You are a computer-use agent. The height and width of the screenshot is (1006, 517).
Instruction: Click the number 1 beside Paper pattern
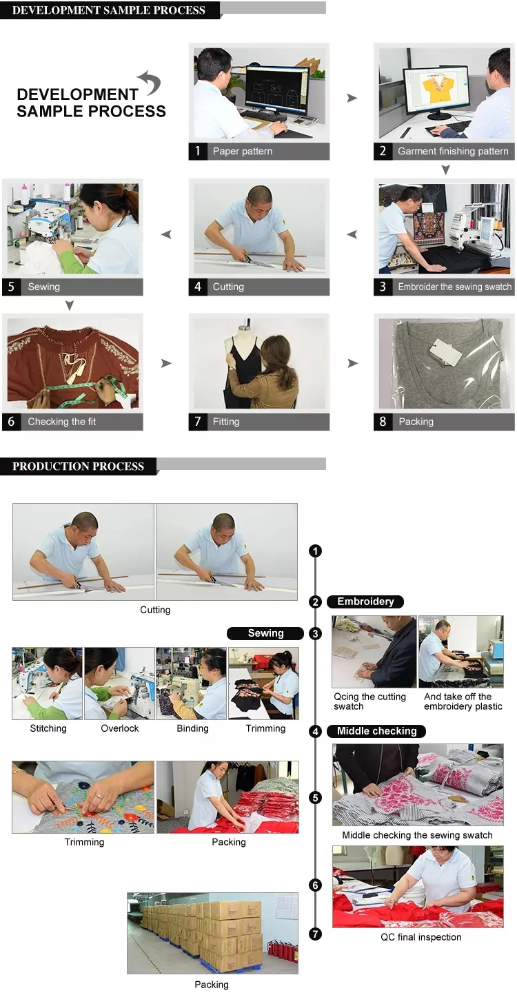click(x=197, y=151)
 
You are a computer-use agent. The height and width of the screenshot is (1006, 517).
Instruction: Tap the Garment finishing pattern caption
click(x=453, y=152)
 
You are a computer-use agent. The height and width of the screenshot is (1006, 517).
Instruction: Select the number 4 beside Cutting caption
click(x=198, y=287)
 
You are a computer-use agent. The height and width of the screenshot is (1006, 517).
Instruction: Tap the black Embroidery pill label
click(x=365, y=602)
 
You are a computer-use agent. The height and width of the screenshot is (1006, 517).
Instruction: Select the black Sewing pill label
click(x=265, y=633)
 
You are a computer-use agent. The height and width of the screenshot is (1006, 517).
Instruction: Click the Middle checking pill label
click(x=376, y=731)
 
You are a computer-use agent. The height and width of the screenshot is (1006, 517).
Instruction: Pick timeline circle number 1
click(x=315, y=551)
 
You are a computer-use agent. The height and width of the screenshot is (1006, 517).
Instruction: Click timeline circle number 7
click(x=315, y=934)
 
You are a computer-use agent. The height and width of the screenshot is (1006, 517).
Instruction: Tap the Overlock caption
click(x=119, y=728)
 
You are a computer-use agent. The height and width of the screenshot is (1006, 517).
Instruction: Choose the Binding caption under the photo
click(x=192, y=728)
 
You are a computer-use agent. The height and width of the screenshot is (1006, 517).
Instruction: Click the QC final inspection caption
click(x=421, y=937)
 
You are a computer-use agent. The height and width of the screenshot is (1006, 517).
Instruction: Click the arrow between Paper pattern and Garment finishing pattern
click(x=352, y=98)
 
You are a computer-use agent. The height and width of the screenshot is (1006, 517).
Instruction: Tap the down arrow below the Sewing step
click(x=69, y=305)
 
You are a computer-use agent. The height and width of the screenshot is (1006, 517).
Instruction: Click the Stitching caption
click(x=48, y=728)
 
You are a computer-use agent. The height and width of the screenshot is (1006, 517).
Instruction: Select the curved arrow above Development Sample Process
click(x=150, y=82)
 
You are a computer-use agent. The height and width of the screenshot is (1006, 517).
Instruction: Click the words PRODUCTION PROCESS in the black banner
click(x=78, y=466)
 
